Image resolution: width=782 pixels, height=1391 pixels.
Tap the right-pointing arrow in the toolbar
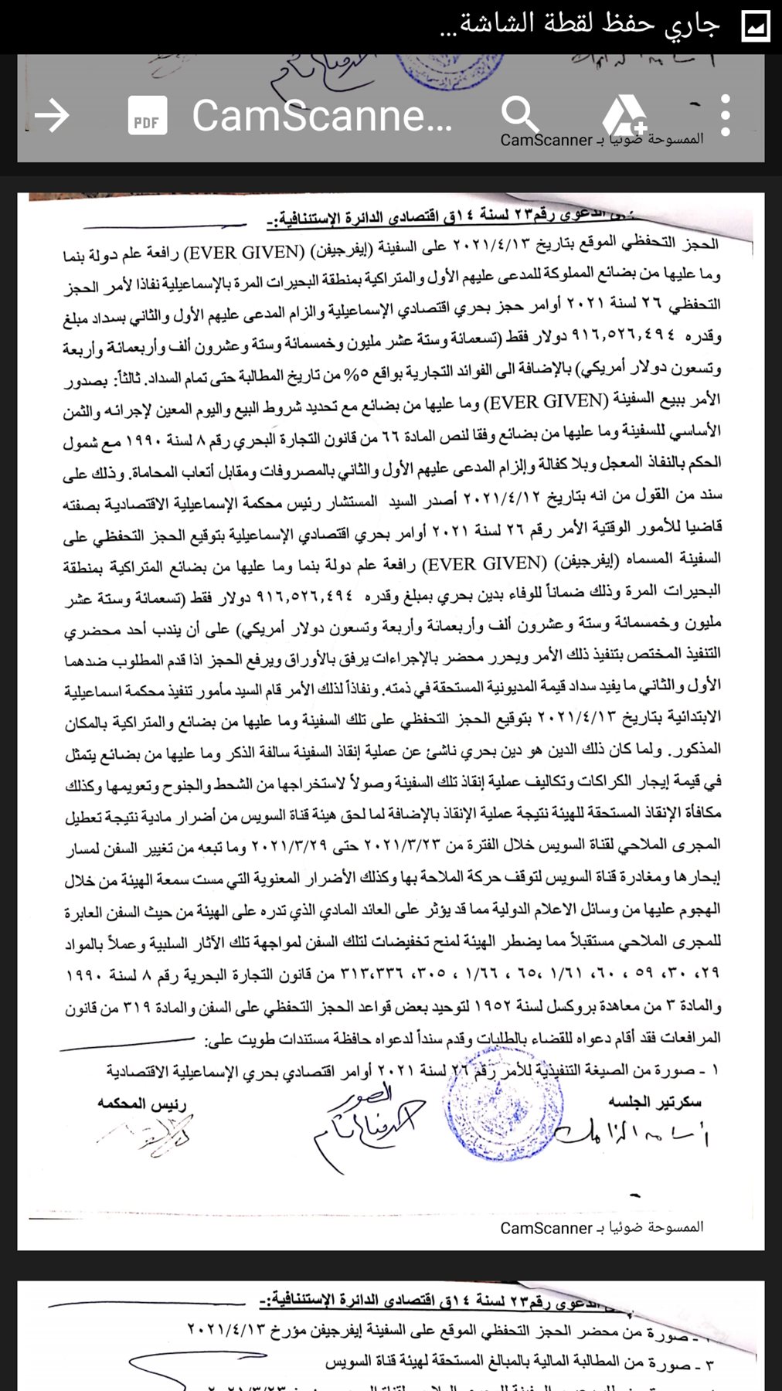pyautogui.click(x=53, y=116)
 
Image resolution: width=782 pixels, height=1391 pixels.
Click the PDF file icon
pyautogui.click(x=147, y=116)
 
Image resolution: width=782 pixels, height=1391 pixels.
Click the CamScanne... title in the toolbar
pyautogui.click(x=321, y=116)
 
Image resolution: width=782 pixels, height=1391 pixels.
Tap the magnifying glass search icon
pyautogui.click(x=519, y=116)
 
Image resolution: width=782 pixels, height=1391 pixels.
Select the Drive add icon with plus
pyautogui.click(x=623, y=116)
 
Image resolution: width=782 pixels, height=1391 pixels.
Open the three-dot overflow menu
pyautogui.click(x=724, y=116)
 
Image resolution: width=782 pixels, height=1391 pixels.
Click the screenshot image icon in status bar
pyautogui.click(x=755, y=26)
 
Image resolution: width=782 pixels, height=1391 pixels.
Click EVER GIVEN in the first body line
pyautogui.click(x=246, y=253)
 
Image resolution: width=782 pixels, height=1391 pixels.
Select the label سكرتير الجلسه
pyautogui.click(x=654, y=1102)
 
